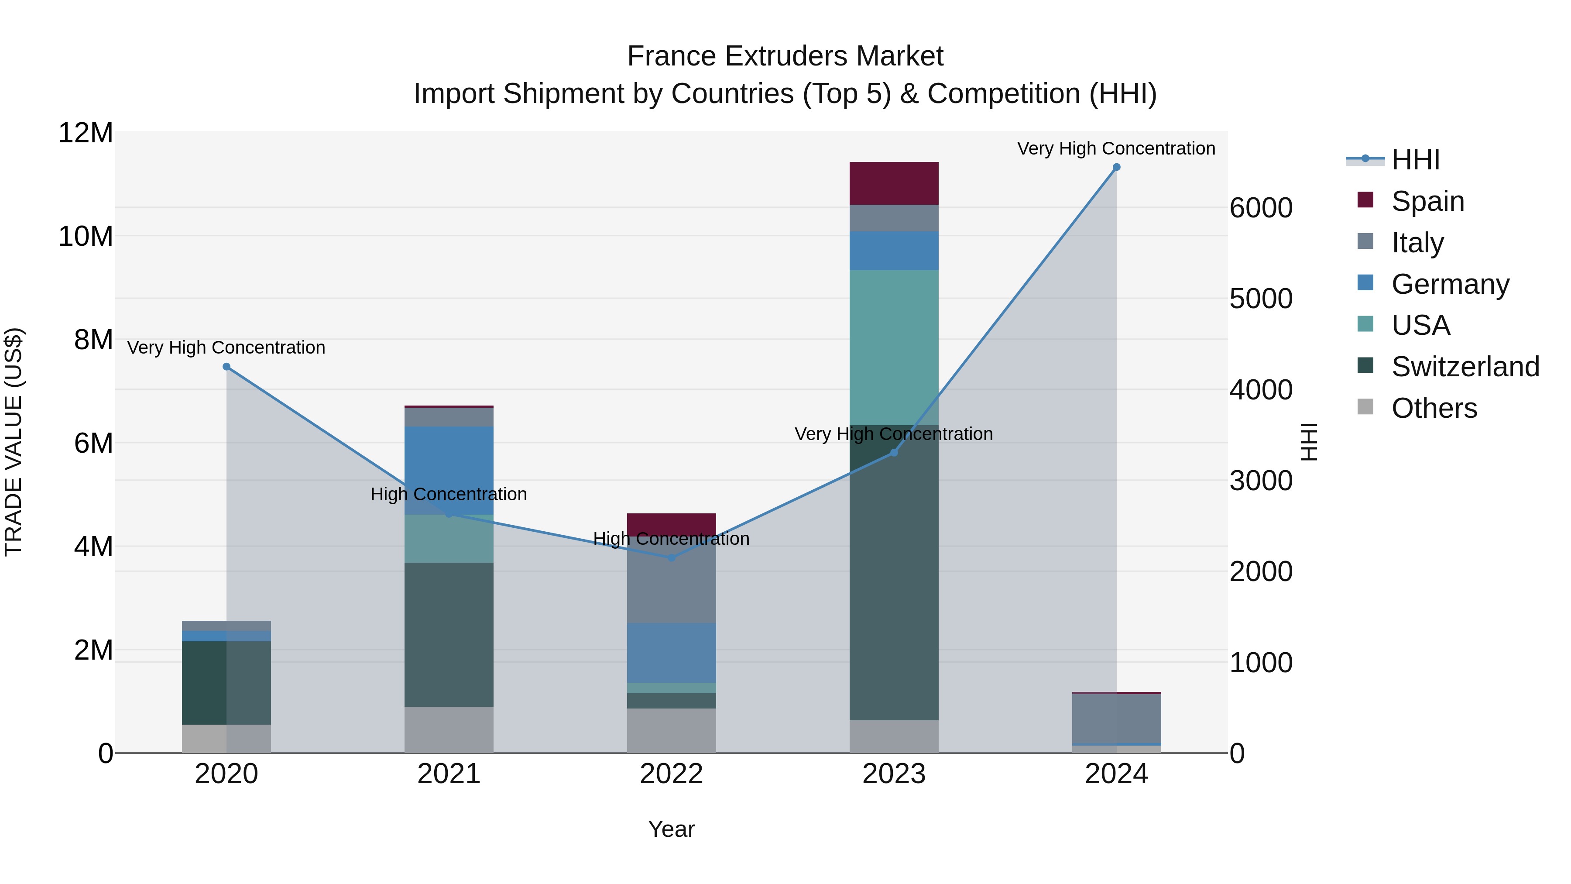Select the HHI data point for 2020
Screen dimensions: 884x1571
(226, 367)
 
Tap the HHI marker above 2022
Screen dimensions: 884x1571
(672, 557)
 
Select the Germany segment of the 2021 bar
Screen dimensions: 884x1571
(449, 470)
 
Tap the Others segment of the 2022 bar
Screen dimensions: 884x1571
(672, 730)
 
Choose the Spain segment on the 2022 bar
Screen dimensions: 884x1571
(672, 523)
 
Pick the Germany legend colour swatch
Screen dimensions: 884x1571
(1365, 283)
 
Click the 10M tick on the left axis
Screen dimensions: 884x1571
(86, 236)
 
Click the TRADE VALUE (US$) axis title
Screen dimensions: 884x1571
(14, 442)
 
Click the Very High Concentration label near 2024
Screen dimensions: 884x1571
(1115, 148)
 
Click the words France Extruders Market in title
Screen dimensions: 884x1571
(785, 56)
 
